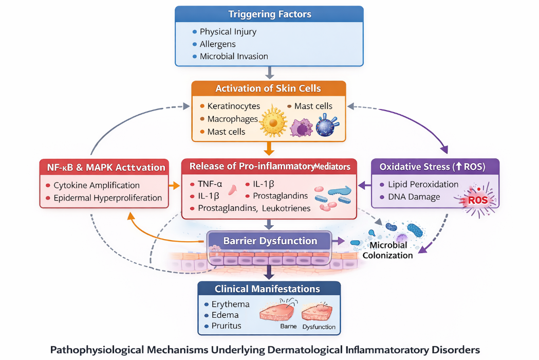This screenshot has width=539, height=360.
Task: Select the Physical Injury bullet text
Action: coord(228,31)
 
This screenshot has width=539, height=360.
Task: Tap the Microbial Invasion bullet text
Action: coord(234,56)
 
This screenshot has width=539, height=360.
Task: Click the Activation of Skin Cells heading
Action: coord(268,88)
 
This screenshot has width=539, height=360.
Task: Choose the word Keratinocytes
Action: coord(234,106)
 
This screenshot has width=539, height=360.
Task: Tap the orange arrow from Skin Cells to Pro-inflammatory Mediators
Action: coord(269,149)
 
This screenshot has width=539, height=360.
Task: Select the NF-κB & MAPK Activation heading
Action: coord(104,167)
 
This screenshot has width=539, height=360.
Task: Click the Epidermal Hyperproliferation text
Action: coord(108,197)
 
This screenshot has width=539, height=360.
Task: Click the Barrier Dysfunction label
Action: coord(270,241)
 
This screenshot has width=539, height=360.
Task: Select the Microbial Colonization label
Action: coord(388,250)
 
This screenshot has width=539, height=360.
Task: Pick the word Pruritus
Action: coord(226,326)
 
